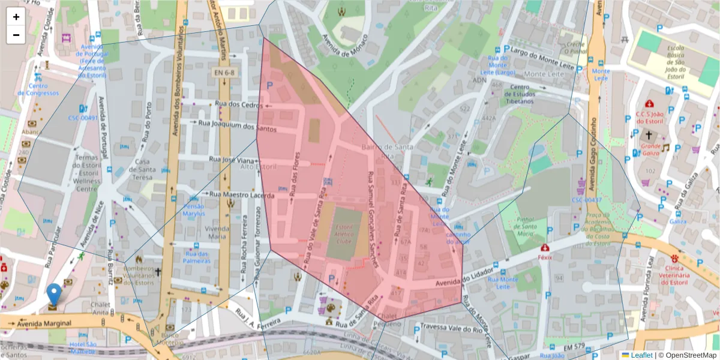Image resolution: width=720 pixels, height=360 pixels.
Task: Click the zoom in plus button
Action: [x=16, y=17]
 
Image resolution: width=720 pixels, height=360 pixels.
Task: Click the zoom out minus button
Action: [x=16, y=35]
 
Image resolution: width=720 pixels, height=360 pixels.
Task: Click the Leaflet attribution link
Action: [x=641, y=355]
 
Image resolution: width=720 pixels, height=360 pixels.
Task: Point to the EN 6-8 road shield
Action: [x=225, y=73]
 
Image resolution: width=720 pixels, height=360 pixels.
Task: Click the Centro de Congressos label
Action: [x=38, y=89]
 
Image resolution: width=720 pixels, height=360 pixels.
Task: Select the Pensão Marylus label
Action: [x=193, y=209]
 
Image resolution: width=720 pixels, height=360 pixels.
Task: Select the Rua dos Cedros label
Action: [x=235, y=104]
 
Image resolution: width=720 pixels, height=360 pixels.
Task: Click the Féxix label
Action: [x=545, y=257]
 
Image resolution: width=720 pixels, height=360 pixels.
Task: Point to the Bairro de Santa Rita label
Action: [x=387, y=151]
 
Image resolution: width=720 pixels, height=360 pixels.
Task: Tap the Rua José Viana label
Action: [x=232, y=160]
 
